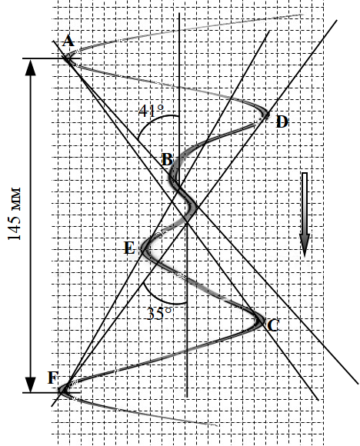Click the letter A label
pyautogui.click(x=68, y=41)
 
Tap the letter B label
pyautogui.click(x=167, y=159)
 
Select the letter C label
pyautogui.click(x=274, y=325)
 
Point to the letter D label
pyautogui.click(x=282, y=122)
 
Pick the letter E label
pyautogui.click(x=129, y=248)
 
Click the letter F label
pyautogui.click(x=53, y=378)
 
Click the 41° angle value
pyautogui.click(x=152, y=111)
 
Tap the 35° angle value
pyautogui.click(x=159, y=314)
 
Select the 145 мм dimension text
pyautogui.click(x=14, y=214)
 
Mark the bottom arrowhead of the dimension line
pyautogui.click(x=31, y=384)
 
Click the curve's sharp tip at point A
pyautogui.click(x=66, y=58)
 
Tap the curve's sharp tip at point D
pyautogui.click(x=267, y=115)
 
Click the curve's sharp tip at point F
pyautogui.click(x=61, y=390)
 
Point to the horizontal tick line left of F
pyautogui.click(x=52, y=393)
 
